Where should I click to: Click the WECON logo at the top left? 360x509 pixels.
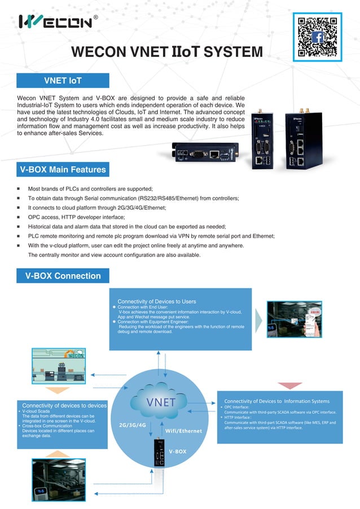point(55,21)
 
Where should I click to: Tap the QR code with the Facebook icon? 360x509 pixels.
point(318,37)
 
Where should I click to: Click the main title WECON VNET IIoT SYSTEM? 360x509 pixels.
point(167,52)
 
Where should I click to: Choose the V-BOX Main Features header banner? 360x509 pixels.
point(63,169)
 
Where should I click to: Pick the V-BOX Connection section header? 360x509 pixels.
point(63,276)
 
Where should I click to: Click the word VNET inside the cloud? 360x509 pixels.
point(161,402)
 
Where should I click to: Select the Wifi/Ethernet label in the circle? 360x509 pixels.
point(183,431)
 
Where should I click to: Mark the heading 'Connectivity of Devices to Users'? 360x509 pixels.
point(156,301)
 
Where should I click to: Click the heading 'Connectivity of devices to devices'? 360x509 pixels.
point(64,405)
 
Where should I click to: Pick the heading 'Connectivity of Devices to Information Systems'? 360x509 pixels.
point(276,401)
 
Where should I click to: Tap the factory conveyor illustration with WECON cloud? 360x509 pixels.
point(58,365)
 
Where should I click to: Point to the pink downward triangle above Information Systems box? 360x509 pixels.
point(290,386)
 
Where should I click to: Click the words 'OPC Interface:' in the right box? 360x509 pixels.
point(236,407)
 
